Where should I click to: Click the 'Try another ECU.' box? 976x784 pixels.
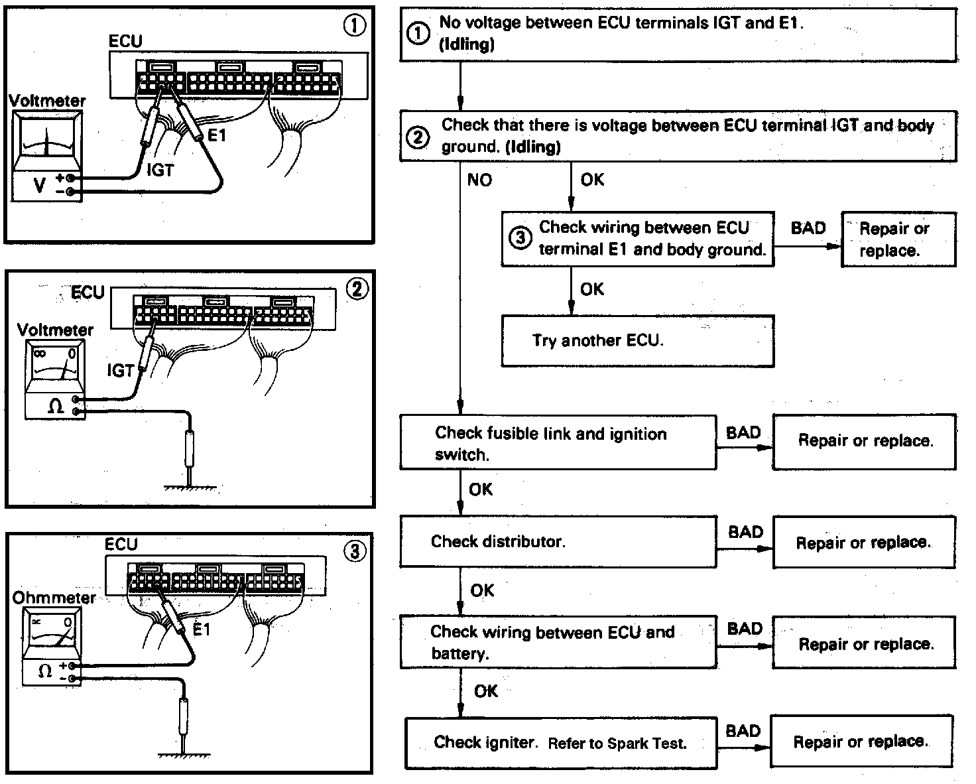(x=637, y=341)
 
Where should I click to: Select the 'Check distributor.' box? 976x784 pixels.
(x=558, y=542)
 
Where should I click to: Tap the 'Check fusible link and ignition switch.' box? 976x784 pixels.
(x=558, y=443)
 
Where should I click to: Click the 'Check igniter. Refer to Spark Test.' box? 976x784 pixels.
(x=561, y=742)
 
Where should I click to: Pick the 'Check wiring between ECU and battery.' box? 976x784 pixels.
(x=558, y=643)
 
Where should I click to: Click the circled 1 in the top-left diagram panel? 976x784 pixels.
(x=354, y=26)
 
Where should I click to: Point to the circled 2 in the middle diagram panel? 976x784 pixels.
(x=357, y=290)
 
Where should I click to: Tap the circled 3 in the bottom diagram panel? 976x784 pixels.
(x=355, y=551)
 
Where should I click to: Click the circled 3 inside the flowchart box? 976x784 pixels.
(x=520, y=238)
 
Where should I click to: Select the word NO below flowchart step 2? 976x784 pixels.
(x=479, y=180)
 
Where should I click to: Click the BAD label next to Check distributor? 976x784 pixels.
(x=745, y=532)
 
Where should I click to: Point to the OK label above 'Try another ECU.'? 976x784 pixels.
(x=591, y=289)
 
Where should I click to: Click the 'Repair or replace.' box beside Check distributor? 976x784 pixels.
(x=863, y=543)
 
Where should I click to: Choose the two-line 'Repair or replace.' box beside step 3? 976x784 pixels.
(x=898, y=239)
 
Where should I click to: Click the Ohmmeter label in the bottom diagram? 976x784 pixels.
(x=54, y=598)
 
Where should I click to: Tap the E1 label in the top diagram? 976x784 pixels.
(x=217, y=136)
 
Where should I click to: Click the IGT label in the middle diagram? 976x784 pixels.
(x=120, y=370)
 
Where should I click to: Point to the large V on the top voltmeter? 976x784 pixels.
(x=39, y=185)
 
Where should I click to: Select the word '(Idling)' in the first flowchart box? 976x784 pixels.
(x=467, y=45)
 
